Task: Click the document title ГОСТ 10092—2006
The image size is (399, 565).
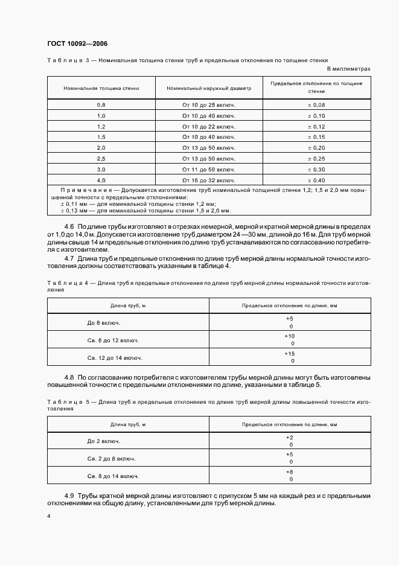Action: tap(77, 43)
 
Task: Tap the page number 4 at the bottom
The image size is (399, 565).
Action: tap(48, 517)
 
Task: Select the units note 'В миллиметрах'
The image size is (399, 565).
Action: tap(348, 69)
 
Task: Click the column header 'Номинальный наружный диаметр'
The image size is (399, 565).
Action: tap(209, 88)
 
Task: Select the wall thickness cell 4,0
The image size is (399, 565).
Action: tap(101, 180)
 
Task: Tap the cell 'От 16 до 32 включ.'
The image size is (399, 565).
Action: tap(209, 180)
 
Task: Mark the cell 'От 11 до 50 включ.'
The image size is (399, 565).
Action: tap(209, 169)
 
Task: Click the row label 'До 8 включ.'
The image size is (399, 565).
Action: tap(103, 322)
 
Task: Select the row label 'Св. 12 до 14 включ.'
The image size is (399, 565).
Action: tap(115, 357)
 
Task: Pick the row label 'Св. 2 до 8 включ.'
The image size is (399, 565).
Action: tap(111, 458)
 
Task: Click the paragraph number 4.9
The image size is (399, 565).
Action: tap(69, 495)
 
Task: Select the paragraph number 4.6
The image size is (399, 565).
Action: tap(69, 225)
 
